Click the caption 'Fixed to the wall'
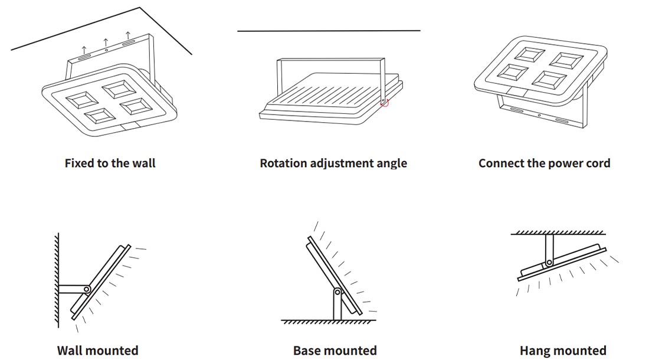pyautogui.click(x=110, y=163)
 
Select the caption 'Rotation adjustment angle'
pyautogui.click(x=333, y=163)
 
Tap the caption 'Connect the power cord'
pyautogui.click(x=544, y=163)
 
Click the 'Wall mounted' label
pyautogui.click(x=98, y=351)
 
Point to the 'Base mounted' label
pyautogui.click(x=335, y=351)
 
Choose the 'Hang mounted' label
pyautogui.click(x=563, y=351)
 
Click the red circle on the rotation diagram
pyautogui.click(x=385, y=103)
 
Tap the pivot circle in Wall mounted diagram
pyautogui.click(x=87, y=289)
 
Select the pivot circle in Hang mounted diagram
pyautogui.click(x=549, y=262)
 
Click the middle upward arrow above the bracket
pyautogui.click(x=106, y=42)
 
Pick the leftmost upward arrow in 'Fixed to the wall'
pyautogui.click(x=84, y=50)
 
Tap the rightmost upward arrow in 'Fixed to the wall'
pyautogui.click(x=128, y=35)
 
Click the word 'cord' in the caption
pyautogui.click(x=596, y=163)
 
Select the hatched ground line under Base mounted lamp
pyautogui.click(x=328, y=322)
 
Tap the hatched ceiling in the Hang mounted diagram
pyautogui.click(x=558, y=233)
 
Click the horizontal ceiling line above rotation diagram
pyautogui.click(x=329, y=31)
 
